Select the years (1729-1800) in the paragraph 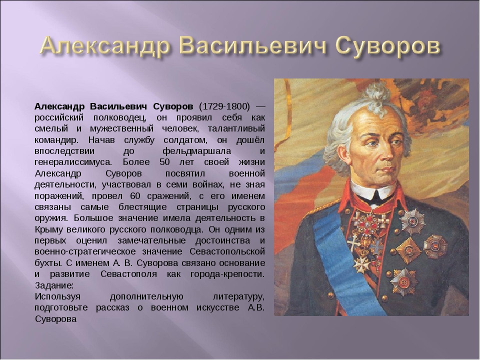[224, 106]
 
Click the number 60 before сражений [135, 195]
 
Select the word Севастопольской [227, 251]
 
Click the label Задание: [54, 285]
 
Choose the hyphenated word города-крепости [227, 274]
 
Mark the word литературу [238, 296]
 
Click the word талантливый [236, 128]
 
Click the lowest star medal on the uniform [404, 281]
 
